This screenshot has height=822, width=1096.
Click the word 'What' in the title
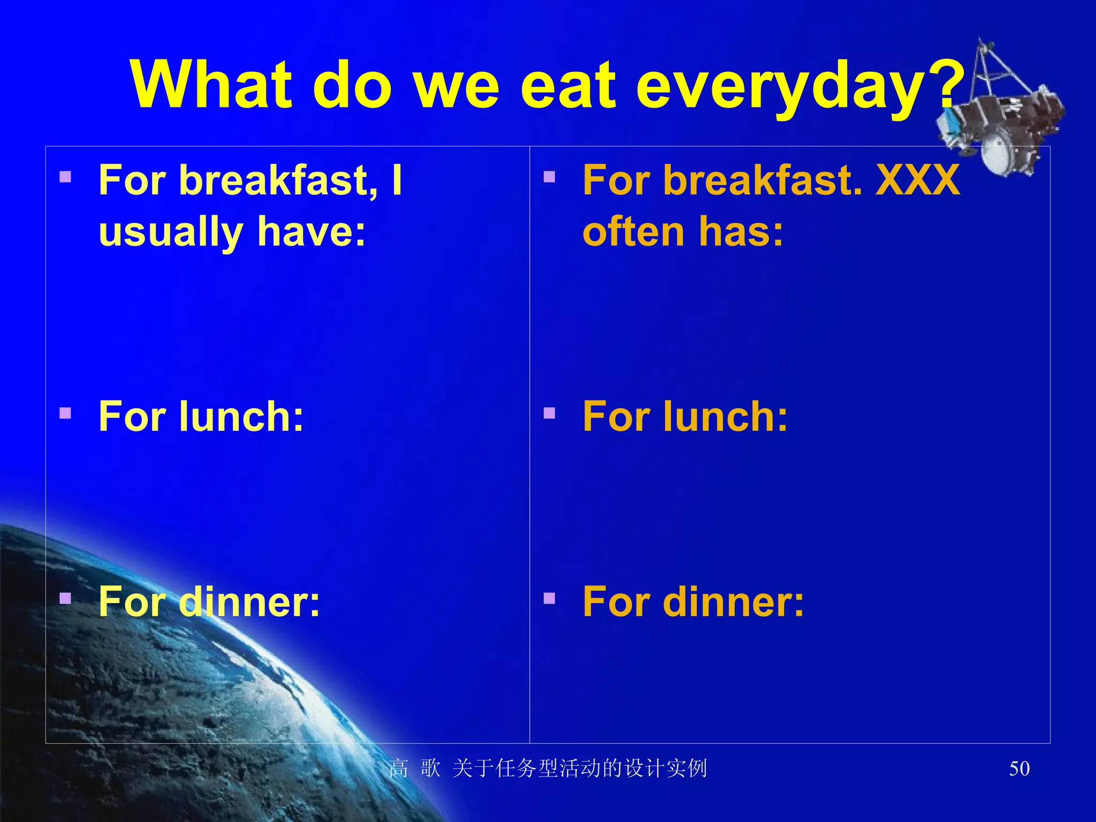[x=212, y=86]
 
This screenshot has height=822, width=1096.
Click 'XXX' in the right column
[x=917, y=180]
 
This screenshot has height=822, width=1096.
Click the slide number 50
[x=1019, y=768]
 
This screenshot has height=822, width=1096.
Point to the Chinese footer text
[x=548, y=768]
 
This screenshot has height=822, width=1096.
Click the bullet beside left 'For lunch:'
[x=65, y=413]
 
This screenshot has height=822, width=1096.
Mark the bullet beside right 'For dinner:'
[x=549, y=598]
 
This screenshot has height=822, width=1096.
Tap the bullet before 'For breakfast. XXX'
[x=549, y=177]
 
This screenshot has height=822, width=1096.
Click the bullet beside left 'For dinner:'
[x=65, y=598]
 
